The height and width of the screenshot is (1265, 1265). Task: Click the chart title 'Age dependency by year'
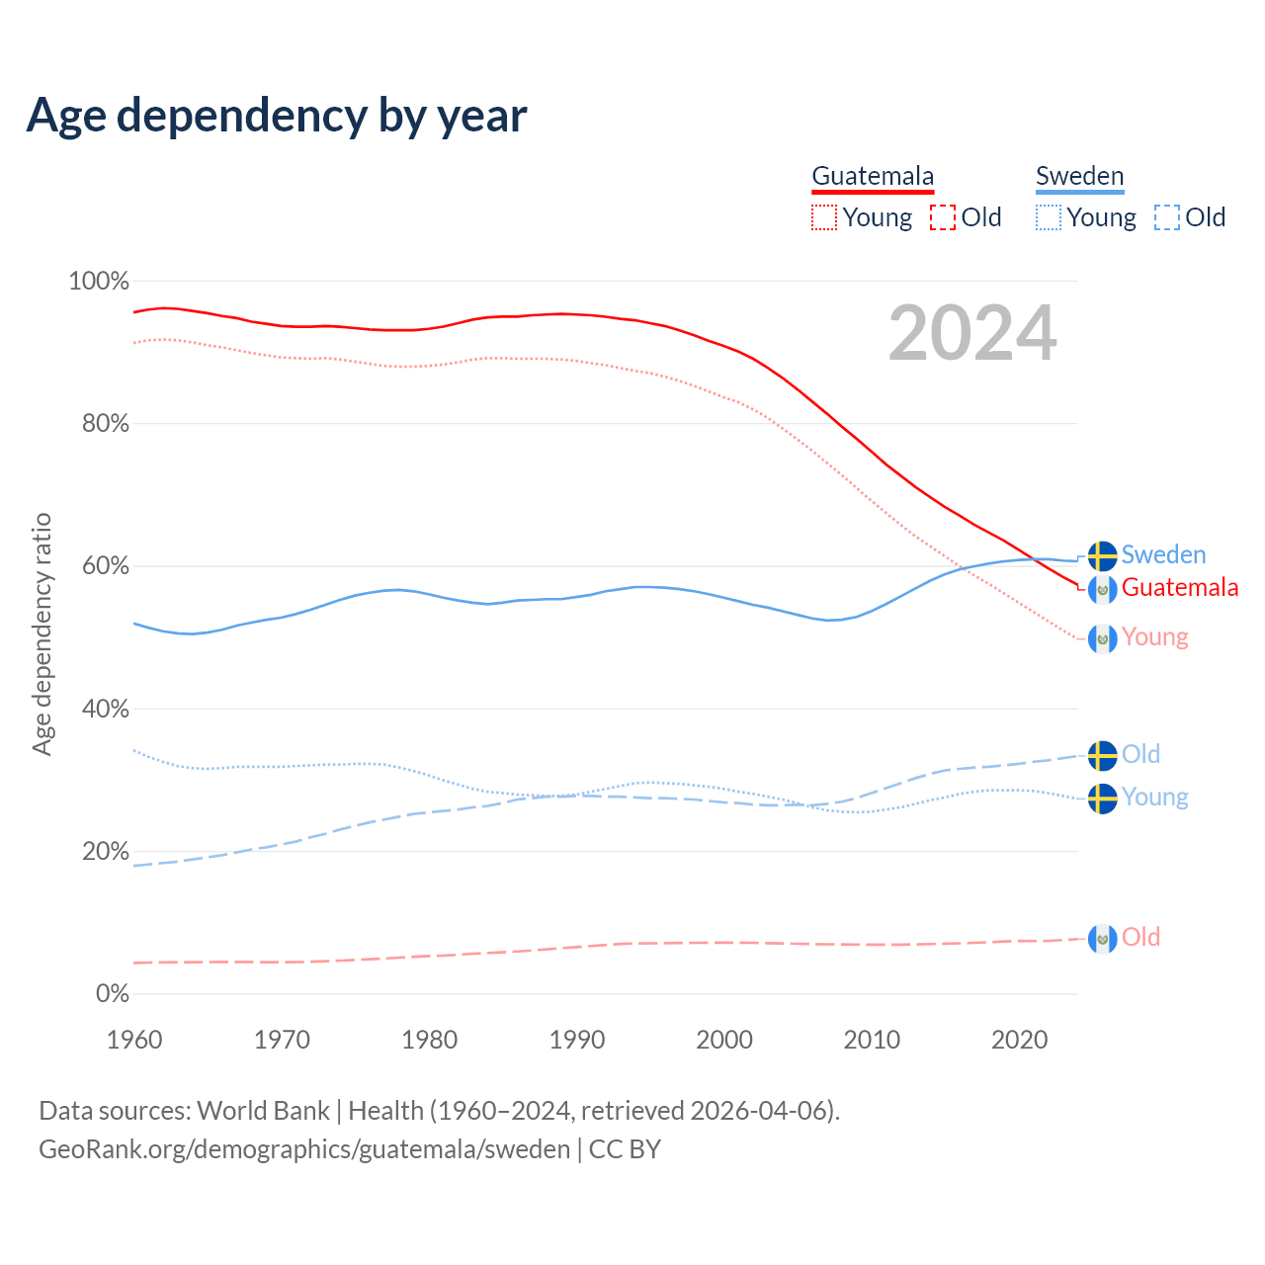pos(277,115)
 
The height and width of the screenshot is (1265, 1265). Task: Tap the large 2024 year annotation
pos(972,333)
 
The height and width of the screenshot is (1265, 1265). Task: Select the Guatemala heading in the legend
pos(873,176)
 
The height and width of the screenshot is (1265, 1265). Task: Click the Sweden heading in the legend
pos(1079,176)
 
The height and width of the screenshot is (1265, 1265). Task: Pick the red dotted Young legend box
pos(824,217)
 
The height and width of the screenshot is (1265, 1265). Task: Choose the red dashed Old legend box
pos(943,217)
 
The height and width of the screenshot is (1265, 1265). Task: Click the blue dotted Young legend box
pos(1049,217)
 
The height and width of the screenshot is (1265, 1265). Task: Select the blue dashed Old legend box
pos(1167,217)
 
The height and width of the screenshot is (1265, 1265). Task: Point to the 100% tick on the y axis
pos(99,282)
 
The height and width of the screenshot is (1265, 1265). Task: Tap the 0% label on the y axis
pos(113,993)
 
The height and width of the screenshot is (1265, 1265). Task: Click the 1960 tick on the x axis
pos(134,1040)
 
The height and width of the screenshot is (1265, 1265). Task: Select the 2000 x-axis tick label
pos(724,1040)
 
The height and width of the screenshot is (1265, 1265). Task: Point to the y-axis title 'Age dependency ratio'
pos(42,633)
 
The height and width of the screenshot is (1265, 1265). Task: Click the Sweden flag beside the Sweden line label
pos(1103,556)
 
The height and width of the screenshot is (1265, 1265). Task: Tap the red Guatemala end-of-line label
pos(1179,588)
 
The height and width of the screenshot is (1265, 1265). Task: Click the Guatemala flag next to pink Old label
pos(1103,939)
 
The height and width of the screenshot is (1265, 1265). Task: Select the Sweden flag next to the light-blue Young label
pos(1103,799)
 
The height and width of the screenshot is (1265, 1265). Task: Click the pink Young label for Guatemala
pos(1154,637)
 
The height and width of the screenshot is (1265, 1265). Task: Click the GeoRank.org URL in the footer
pos(304,1149)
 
